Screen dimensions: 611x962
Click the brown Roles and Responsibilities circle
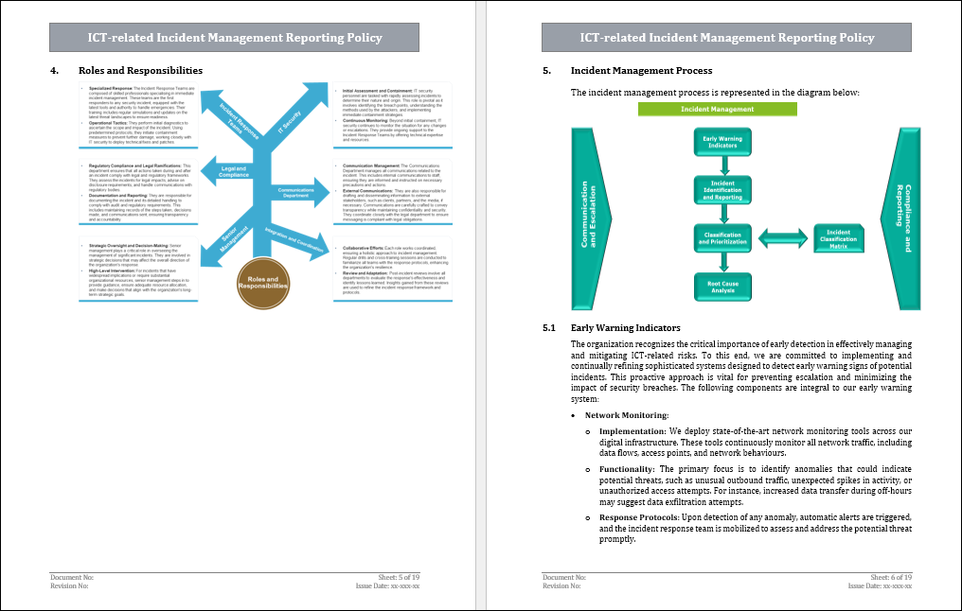click(x=262, y=282)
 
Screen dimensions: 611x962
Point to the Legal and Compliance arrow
click(x=232, y=172)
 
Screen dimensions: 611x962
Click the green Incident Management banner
click(x=717, y=109)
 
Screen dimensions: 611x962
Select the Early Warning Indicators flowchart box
click(x=722, y=144)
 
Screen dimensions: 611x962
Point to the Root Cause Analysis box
click(x=722, y=287)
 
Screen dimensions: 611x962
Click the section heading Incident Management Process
click(x=641, y=71)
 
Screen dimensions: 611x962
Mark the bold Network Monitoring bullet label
click(x=626, y=415)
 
